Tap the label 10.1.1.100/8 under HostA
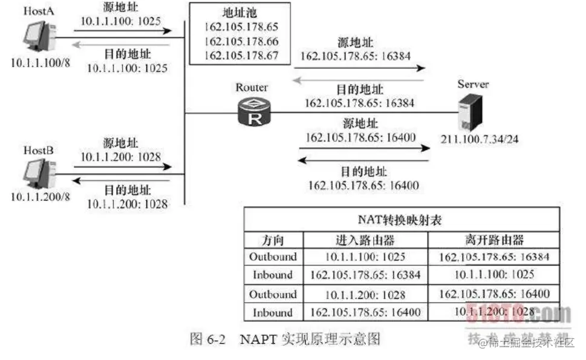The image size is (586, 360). (39, 62)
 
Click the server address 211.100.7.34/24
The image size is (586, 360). (479, 140)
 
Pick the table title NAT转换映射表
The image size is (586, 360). (401, 220)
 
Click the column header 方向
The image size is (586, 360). (273, 240)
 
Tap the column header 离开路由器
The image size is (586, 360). (493, 240)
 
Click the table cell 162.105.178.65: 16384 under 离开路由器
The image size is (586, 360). (493, 257)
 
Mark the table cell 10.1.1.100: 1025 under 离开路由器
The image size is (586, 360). (493, 275)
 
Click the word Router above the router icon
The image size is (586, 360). (252, 88)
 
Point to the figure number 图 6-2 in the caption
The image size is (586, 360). (207, 339)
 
